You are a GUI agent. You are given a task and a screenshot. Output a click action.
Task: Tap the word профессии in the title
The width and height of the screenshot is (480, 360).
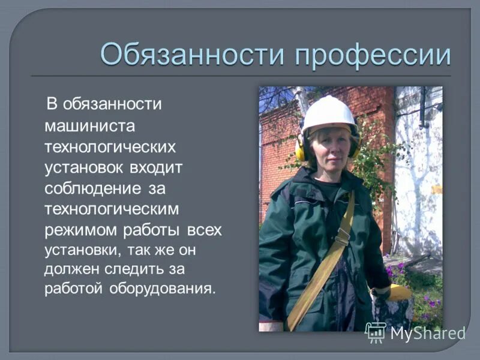point(372,55)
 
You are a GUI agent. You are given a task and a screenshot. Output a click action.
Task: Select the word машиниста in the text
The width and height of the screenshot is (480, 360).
point(91,125)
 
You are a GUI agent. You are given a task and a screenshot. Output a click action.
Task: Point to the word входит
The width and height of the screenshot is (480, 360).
point(154,167)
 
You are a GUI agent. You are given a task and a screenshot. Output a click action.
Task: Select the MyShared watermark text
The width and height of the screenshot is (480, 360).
point(428,333)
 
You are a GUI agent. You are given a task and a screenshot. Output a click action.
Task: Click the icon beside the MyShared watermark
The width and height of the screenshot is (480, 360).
point(376,332)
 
